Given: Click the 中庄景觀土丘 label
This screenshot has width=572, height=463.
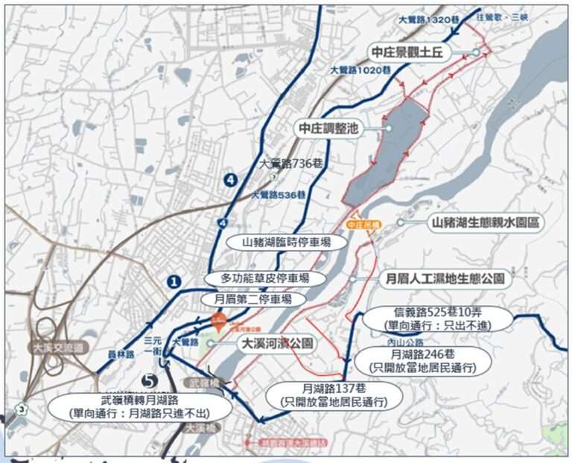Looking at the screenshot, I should coord(418,52).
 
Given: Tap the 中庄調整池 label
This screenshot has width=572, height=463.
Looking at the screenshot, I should coord(328,128).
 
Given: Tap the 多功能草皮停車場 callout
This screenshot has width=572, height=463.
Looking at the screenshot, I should coord(264,278).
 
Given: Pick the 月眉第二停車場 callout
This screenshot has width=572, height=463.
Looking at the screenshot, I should coord(255,299).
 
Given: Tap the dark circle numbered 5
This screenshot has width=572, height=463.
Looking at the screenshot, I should coord(147,380).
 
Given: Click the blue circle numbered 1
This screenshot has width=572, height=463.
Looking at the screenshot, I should coord(174,281).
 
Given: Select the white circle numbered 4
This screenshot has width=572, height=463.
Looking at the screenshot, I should coord(230,179).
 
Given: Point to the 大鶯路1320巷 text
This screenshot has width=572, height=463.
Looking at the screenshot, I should coord(424,21).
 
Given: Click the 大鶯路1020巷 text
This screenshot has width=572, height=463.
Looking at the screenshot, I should coord(360,70).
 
